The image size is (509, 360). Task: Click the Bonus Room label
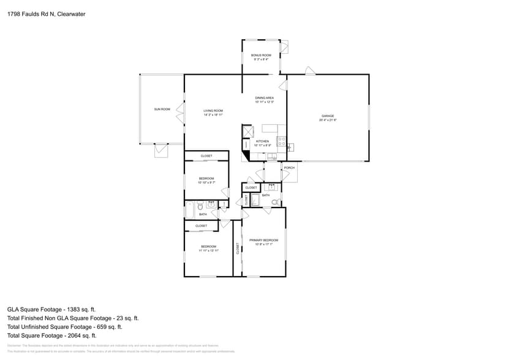click(261, 55)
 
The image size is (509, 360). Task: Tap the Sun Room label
click(162, 109)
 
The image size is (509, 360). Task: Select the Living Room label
click(213, 111)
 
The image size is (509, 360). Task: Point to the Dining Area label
click(264, 98)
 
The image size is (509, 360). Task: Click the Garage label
click(328, 116)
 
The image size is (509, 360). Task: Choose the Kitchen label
click(262, 141)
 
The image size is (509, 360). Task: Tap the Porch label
click(289, 168)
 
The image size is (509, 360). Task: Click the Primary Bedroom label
click(263, 240)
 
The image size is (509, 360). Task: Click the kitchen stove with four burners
click(282, 142)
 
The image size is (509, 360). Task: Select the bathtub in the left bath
click(190, 210)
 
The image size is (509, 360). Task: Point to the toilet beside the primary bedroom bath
click(276, 201)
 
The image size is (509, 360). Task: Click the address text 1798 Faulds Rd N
click(31, 14)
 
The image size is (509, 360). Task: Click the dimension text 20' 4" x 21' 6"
click(328, 120)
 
